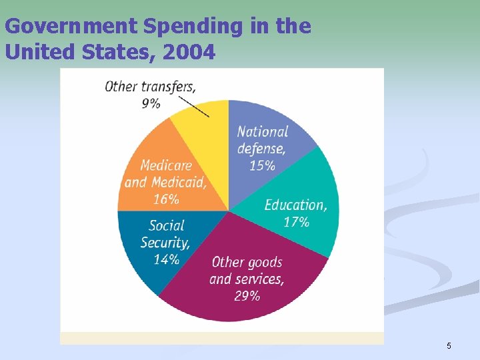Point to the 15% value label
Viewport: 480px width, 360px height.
coord(262,165)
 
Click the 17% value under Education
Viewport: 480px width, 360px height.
coord(296,222)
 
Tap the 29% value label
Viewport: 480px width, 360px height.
coord(247,295)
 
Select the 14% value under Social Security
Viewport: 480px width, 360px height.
coord(166,259)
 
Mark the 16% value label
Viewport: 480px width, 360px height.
coord(165,199)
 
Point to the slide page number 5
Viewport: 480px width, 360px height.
coord(449,345)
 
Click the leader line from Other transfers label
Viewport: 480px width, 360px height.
coord(195,105)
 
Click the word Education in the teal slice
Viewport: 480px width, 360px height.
coord(295,205)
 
